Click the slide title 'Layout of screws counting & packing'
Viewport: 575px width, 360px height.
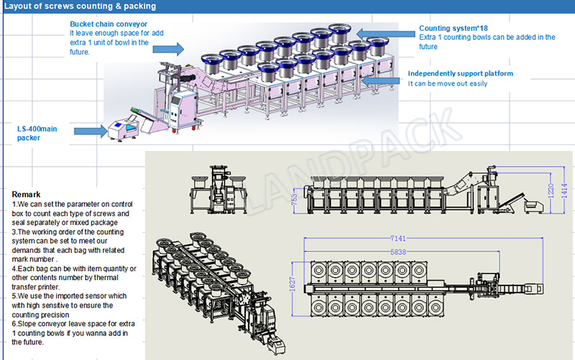(80, 6)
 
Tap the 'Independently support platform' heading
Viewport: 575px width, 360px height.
(461, 73)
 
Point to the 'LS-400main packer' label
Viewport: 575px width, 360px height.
(37, 133)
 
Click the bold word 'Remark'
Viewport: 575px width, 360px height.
(27, 195)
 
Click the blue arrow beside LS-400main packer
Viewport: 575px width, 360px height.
(88, 131)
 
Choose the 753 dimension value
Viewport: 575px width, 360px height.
(295, 200)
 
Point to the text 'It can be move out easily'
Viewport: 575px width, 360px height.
(448, 83)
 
